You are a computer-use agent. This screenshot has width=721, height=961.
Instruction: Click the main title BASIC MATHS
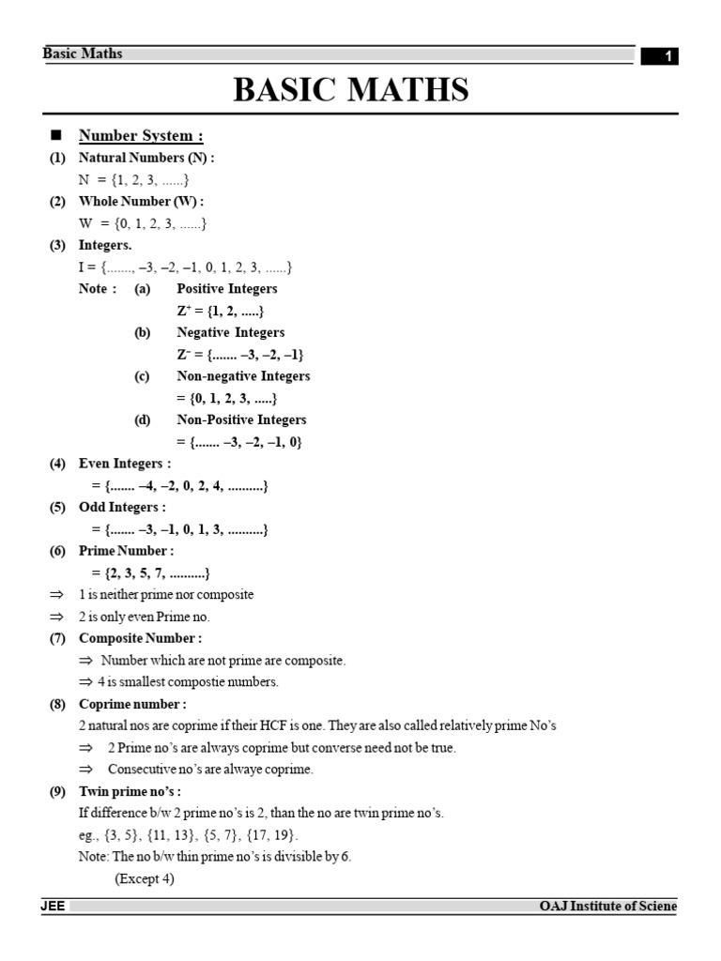tap(351, 90)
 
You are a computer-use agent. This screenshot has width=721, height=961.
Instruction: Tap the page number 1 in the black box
tap(667, 57)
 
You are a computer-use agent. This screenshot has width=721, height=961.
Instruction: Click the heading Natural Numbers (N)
tap(146, 158)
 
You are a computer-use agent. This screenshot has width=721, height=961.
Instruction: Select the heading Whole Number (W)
tap(141, 201)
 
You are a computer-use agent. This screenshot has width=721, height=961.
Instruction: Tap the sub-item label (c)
tap(143, 375)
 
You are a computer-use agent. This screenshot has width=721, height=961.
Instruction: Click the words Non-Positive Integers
tap(241, 419)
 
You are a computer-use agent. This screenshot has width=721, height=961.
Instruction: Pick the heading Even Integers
tap(125, 464)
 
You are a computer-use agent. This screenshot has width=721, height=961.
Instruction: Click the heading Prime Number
tap(126, 551)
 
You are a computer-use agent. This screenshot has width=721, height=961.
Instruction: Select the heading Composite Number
tap(140, 638)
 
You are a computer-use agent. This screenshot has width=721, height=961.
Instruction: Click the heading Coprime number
tap(132, 704)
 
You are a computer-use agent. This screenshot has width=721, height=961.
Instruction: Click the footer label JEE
tap(52, 907)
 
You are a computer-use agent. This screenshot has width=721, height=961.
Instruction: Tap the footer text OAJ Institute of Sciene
tap(607, 907)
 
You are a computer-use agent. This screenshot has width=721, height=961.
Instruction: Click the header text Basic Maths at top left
tap(83, 53)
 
